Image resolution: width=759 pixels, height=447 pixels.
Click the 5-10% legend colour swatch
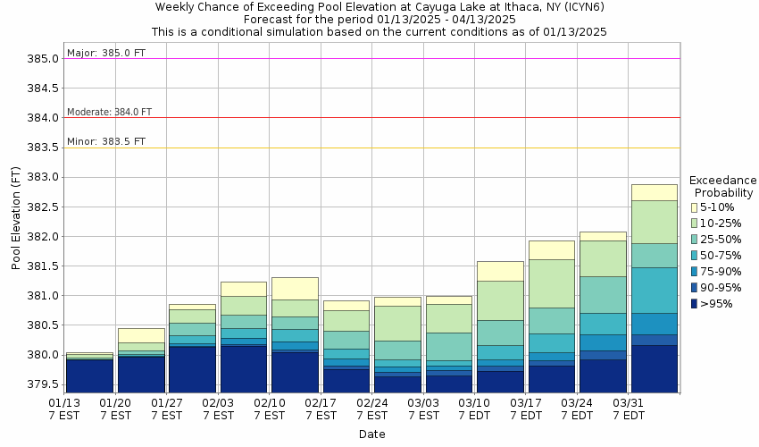click(x=694, y=207)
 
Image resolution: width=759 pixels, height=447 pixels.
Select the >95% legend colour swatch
click(x=694, y=304)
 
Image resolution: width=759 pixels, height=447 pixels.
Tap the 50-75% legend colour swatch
click(x=694, y=256)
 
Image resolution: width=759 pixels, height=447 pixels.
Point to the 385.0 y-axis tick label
click(x=43, y=59)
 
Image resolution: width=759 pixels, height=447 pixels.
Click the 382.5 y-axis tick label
click(x=43, y=207)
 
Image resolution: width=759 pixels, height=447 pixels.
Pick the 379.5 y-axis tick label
click(x=43, y=385)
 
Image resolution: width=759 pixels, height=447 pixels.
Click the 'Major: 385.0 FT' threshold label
click(x=106, y=53)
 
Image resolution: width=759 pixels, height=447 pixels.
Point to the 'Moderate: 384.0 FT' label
click(x=110, y=112)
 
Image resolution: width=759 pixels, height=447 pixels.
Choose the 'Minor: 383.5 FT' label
click(x=106, y=141)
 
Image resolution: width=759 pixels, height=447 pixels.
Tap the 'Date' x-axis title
click(x=372, y=434)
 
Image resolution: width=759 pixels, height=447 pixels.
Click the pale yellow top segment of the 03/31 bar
click(x=654, y=192)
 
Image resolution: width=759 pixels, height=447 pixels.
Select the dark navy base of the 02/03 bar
click(x=244, y=368)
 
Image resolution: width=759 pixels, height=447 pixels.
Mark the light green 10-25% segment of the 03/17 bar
click(x=551, y=283)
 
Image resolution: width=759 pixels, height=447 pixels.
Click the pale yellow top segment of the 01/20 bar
click(x=141, y=335)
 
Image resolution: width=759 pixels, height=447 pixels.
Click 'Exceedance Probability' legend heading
click(x=723, y=186)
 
